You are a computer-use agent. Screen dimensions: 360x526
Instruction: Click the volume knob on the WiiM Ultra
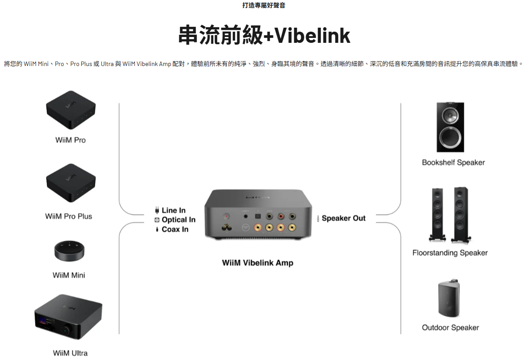(x=67, y=329)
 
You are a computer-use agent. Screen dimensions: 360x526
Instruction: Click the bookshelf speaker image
(x=450, y=127)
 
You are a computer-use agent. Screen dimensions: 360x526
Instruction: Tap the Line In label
(x=173, y=210)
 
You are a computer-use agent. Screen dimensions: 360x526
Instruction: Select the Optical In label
(x=178, y=219)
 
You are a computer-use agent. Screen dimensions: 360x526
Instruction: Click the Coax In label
(x=175, y=229)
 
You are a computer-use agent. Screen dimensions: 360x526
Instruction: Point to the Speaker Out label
(x=343, y=218)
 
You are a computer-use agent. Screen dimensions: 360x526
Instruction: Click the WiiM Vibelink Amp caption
(x=257, y=263)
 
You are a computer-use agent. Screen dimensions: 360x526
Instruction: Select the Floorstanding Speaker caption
(x=450, y=253)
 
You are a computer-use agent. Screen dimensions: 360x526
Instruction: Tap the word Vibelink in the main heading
(x=312, y=36)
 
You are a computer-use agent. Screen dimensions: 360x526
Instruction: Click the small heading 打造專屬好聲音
(x=263, y=5)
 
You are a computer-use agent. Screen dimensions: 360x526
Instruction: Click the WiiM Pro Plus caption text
(x=68, y=216)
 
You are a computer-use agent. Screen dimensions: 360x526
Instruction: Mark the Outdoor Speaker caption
(x=450, y=328)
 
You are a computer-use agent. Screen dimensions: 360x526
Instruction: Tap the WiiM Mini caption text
(x=68, y=275)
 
